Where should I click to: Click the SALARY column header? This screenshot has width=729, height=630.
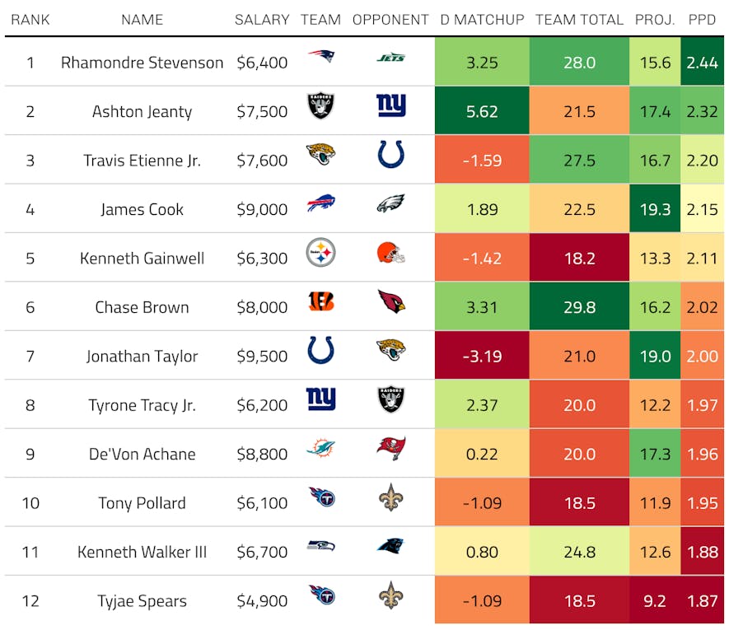tap(262, 20)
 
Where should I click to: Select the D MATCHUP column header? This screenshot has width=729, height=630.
tap(482, 20)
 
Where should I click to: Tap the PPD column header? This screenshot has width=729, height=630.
tap(702, 20)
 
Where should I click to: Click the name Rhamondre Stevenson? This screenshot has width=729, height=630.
tap(142, 62)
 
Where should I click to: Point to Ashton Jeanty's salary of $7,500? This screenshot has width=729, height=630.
tap(262, 111)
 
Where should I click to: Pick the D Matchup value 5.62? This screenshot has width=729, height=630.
tap(482, 111)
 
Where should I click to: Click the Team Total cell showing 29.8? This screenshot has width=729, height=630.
tap(579, 307)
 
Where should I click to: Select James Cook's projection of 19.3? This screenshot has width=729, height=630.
tap(655, 209)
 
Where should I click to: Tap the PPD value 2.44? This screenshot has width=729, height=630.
tap(702, 62)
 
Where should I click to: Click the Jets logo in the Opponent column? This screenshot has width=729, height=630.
tap(390, 58)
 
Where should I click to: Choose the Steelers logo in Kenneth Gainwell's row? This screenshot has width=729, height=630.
tap(320, 253)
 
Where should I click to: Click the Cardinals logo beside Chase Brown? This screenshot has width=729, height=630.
tap(390, 302)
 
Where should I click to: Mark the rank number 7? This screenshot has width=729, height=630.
tap(30, 357)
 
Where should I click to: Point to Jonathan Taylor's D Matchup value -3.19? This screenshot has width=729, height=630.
tap(482, 357)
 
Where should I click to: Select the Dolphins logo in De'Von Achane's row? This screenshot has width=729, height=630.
tap(320, 449)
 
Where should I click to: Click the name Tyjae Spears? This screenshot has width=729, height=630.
tap(142, 601)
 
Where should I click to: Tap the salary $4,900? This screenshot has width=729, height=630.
tap(262, 601)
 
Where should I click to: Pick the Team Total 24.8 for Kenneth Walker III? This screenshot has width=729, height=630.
tap(579, 552)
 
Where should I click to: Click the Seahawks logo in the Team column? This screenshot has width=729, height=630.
tap(320, 546)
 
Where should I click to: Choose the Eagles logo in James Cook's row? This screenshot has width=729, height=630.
tap(390, 204)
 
